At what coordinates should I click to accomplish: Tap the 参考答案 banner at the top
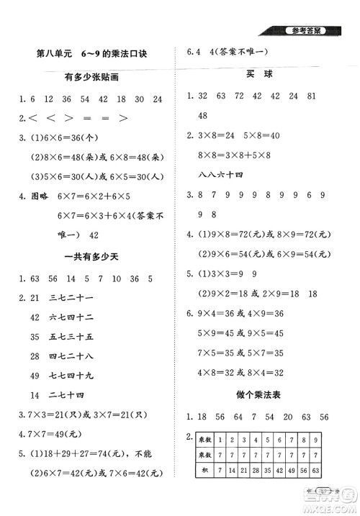pos(306,30)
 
